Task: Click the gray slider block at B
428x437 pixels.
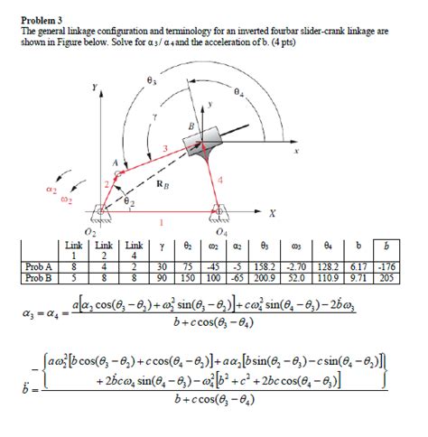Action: [x=204, y=145]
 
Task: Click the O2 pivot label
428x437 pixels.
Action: [x=88, y=234]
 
